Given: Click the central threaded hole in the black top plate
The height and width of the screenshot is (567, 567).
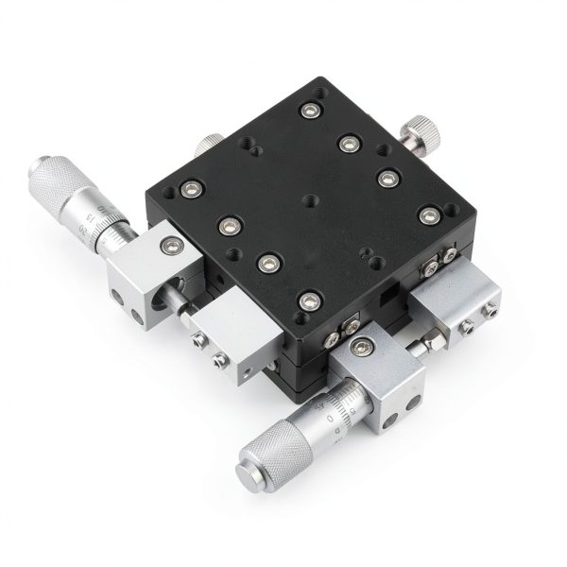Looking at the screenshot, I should [310, 201].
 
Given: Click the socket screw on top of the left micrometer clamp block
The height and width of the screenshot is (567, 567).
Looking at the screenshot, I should [170, 246].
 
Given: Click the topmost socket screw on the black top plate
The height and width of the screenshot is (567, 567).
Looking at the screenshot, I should [309, 112].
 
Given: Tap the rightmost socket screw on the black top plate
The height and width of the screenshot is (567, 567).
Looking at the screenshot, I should [429, 214].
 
